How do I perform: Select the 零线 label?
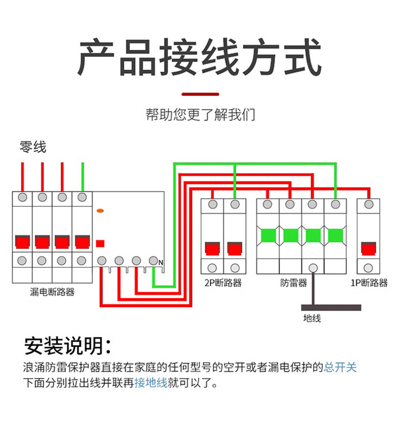pyautogui.click(x=33, y=147)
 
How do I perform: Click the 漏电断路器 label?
pyautogui.click(x=52, y=292)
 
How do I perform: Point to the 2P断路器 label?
pyautogui.click(x=223, y=283)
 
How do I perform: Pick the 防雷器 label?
pyautogui.click(x=294, y=283)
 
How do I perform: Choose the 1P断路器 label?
pyautogui.click(x=369, y=283)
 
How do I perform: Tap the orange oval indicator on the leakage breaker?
pyautogui.click(x=100, y=210)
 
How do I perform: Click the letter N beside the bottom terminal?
pyautogui.click(x=161, y=262)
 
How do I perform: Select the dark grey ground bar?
pyautogui.click(x=331, y=307)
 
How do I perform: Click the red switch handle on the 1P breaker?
pyautogui.click(x=369, y=249)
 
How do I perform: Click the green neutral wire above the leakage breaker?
pyautogui.click(x=82, y=176)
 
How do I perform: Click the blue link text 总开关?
pyautogui.click(x=340, y=367)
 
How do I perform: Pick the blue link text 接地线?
pyautogui.click(x=151, y=383)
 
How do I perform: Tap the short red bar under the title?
pyautogui.click(x=200, y=94)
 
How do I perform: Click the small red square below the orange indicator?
pyautogui.click(x=100, y=243)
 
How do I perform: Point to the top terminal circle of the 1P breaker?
pyautogui.click(x=369, y=204)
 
